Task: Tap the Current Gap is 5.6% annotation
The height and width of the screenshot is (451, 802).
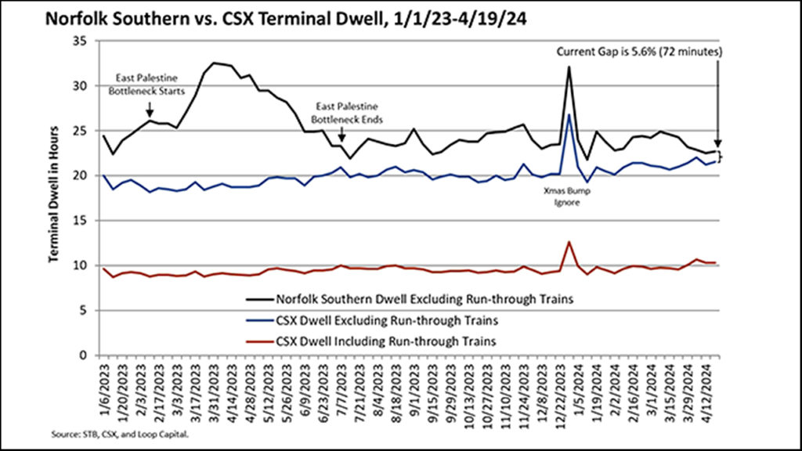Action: click(x=639, y=52)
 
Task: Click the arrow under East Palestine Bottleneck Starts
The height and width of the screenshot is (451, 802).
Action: click(x=150, y=113)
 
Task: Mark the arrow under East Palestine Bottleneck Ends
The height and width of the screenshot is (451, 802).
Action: click(x=342, y=138)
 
